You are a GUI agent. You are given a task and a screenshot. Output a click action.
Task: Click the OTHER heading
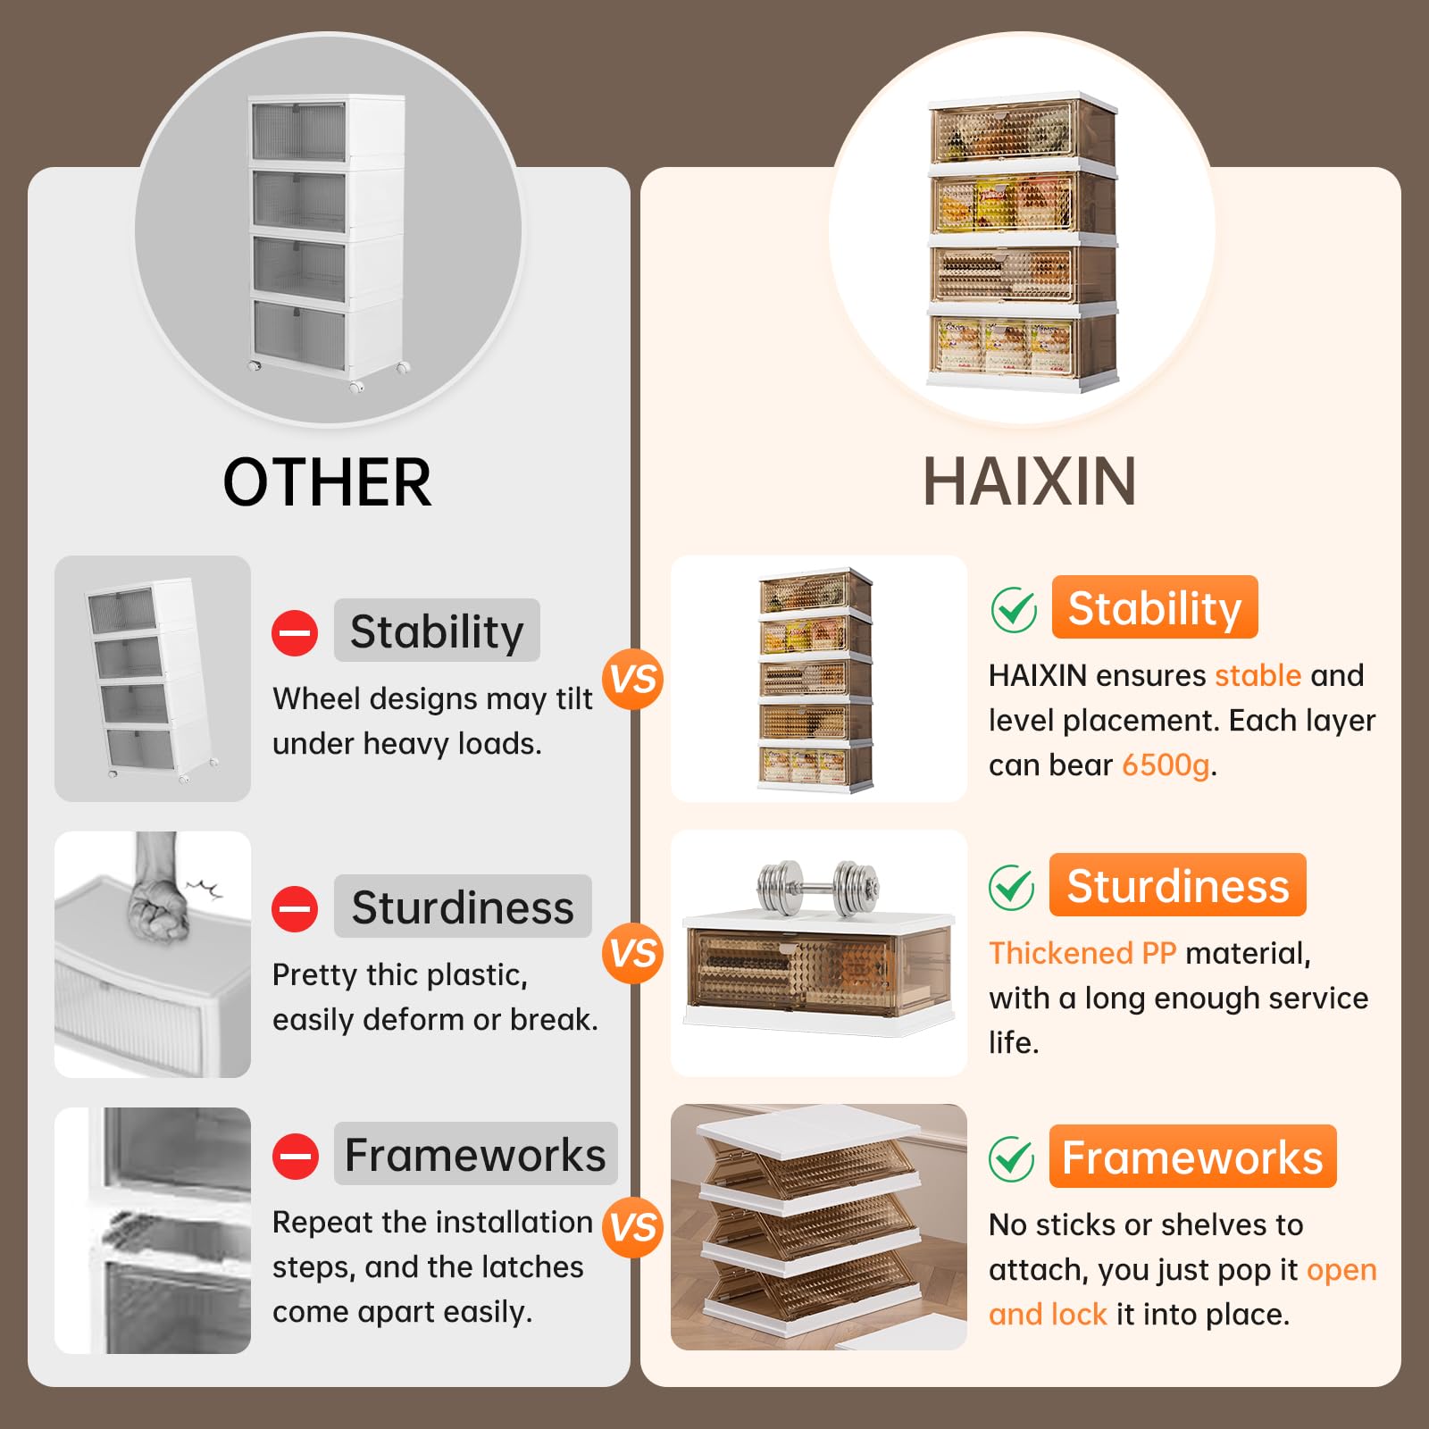327,482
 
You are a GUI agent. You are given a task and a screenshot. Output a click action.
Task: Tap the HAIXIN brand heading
1029,482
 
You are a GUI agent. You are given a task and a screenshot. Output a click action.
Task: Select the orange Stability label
1155,607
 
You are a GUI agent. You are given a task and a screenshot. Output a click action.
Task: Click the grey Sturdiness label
463,907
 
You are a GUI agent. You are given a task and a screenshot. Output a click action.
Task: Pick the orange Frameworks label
1192,1157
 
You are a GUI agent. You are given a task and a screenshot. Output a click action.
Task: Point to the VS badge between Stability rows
633,680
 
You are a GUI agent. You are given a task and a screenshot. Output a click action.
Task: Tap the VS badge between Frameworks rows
633,1227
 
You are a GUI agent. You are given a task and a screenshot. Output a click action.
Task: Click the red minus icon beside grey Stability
295,633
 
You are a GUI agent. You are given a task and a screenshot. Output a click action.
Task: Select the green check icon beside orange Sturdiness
1012,888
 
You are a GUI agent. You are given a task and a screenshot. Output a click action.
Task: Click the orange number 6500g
1166,765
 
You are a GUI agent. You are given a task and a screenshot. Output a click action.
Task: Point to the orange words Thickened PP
1082,953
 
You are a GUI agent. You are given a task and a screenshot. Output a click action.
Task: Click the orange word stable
1258,675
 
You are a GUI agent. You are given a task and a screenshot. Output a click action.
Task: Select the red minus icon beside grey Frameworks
295,1157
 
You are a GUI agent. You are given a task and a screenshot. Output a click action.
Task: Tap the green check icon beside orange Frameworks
1012,1159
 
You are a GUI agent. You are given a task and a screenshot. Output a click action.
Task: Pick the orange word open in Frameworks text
1341,1271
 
